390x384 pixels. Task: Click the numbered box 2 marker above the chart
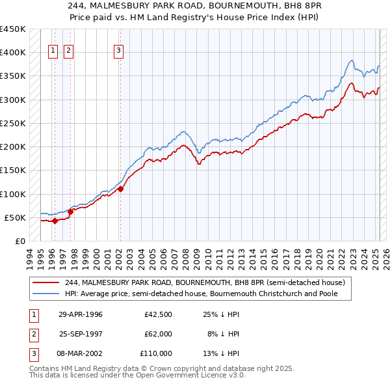click(69, 53)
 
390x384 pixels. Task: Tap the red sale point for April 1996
click(55, 221)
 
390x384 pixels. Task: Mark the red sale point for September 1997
click(70, 212)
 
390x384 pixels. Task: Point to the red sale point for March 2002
click(120, 189)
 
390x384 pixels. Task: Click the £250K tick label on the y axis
click(12, 123)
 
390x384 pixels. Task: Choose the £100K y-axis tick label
click(12, 194)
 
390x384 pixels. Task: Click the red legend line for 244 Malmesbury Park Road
click(45, 282)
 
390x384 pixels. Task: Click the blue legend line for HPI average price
click(45, 294)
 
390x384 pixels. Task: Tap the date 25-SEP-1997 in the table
click(81, 334)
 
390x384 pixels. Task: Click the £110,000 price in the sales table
click(156, 353)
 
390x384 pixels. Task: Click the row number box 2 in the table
click(33, 334)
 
